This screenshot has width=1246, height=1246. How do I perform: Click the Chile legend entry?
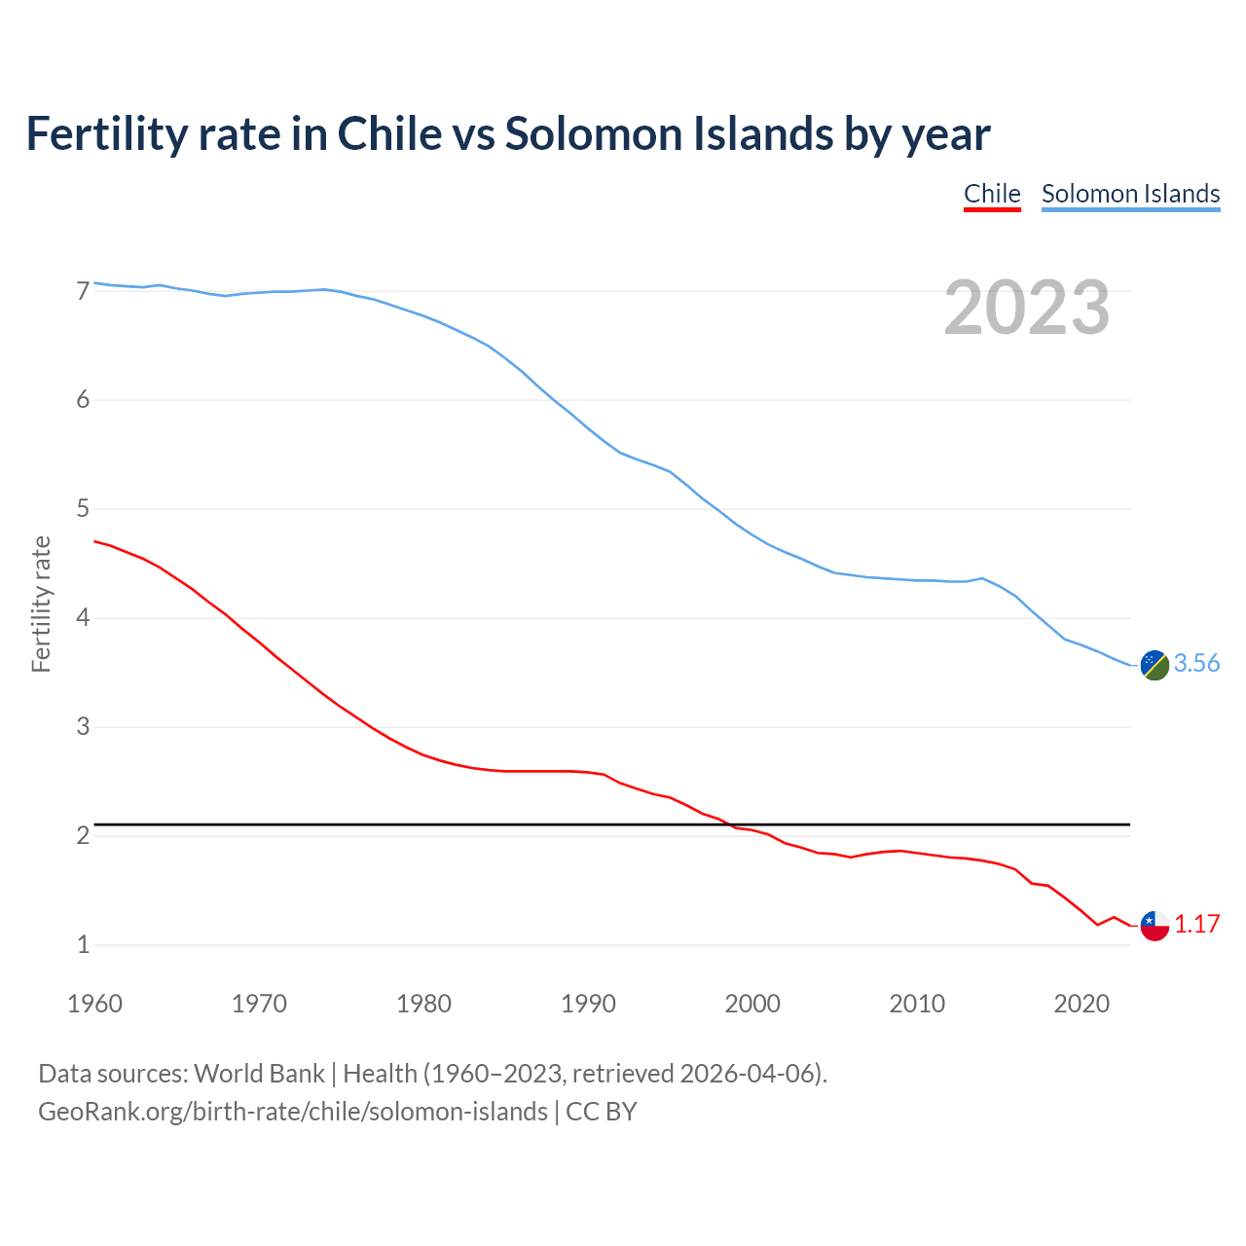coord(992,194)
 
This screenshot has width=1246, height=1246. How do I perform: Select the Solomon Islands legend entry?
coord(1130,194)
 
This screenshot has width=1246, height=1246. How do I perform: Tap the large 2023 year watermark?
coord(1027,308)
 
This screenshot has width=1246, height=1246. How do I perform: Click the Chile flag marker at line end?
coord(1154,925)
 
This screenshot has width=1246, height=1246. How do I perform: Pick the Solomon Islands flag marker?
coord(1154,665)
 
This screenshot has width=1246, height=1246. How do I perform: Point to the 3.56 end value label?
coord(1196,664)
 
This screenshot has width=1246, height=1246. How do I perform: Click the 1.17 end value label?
coord(1196,924)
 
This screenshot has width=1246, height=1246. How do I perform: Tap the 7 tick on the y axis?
coord(83,291)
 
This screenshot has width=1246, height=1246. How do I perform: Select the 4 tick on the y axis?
coord(83,618)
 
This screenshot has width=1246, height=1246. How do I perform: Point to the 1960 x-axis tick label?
coord(94,1004)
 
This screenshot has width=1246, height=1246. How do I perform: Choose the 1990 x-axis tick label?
coord(588,1004)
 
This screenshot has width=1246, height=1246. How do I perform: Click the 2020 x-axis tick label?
coord(1081,1004)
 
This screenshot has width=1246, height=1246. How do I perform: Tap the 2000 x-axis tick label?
coord(752,1004)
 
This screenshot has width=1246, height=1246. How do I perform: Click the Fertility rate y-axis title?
coord(41,604)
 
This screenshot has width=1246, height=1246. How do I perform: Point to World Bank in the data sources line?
coord(259,1074)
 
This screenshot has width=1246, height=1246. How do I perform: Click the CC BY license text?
coord(602,1112)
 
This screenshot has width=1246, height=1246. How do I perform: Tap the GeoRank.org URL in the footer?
coord(292,1112)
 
